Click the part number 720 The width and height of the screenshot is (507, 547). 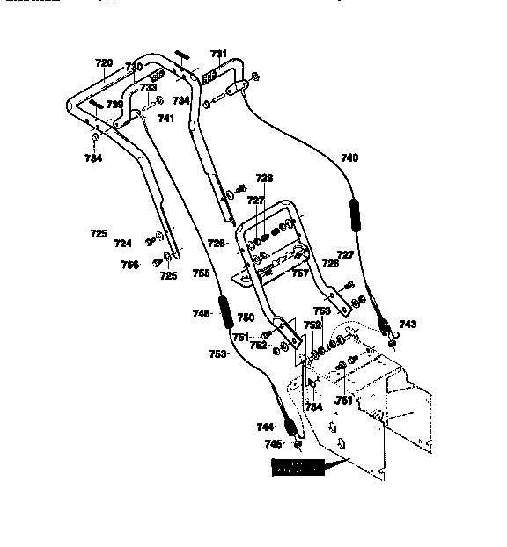pyautogui.click(x=104, y=63)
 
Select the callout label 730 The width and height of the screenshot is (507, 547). pyautogui.click(x=133, y=67)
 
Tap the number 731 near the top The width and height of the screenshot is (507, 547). pyautogui.click(x=217, y=54)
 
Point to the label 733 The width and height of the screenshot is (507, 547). pyautogui.click(x=149, y=88)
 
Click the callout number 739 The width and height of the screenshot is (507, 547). pyautogui.click(x=114, y=104)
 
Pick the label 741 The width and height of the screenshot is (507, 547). pyautogui.click(x=166, y=118)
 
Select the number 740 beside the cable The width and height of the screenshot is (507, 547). pyautogui.click(x=349, y=158)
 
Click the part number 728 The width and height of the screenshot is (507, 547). pyautogui.click(x=264, y=178)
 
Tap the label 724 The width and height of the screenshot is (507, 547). pyautogui.click(x=122, y=244)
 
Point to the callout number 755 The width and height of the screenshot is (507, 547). pyautogui.click(x=202, y=273)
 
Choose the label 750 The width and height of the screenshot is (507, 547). pyautogui.click(x=246, y=317)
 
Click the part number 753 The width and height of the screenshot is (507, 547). pyautogui.click(x=218, y=354)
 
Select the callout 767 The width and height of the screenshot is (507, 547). pyautogui.click(x=300, y=273)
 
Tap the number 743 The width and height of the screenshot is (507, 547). pyautogui.click(x=408, y=325)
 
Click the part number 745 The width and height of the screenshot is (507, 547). pyautogui.click(x=275, y=443)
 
